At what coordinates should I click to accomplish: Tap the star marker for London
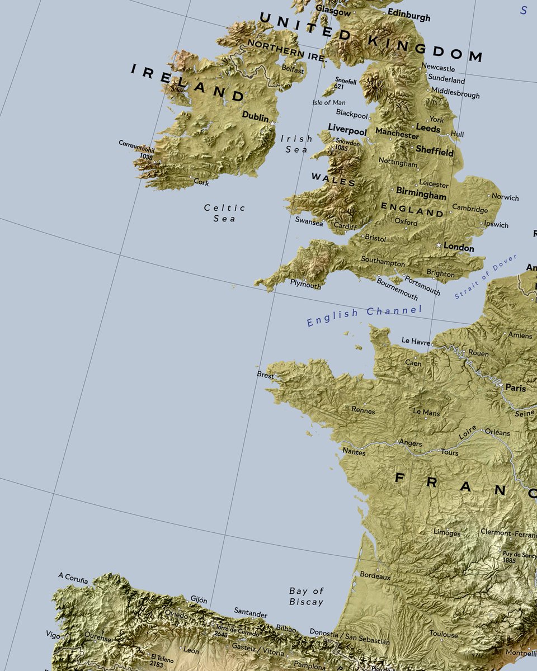(439, 245)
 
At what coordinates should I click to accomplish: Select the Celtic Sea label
(224, 213)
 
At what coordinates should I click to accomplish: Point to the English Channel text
(364, 316)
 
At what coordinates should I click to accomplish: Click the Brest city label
(265, 375)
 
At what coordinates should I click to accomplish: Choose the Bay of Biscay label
(307, 596)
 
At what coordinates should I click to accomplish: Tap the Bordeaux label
(375, 575)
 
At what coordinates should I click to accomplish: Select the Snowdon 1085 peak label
(348, 145)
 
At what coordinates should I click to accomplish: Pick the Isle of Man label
(329, 102)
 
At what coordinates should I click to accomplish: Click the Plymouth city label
(305, 285)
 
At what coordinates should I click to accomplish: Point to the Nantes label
(354, 452)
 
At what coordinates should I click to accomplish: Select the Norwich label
(505, 197)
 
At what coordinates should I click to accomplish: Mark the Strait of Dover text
(485, 276)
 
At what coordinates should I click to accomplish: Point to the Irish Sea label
(296, 144)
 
